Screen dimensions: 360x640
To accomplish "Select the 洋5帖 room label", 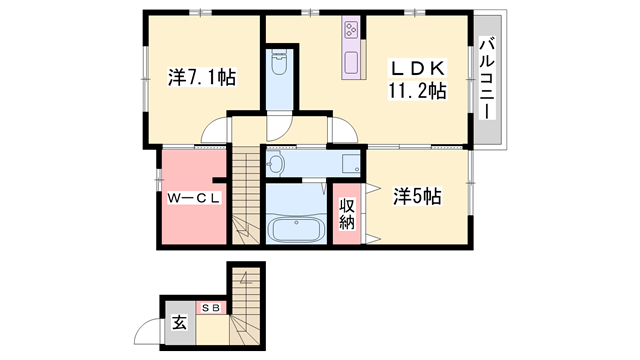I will (x=416, y=198).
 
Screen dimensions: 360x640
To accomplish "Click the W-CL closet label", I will (x=194, y=198).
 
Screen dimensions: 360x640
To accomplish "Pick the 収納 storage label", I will (x=347, y=213).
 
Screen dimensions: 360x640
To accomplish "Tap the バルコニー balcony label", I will (x=488, y=77).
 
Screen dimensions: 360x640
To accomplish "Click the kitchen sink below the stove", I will (x=352, y=63).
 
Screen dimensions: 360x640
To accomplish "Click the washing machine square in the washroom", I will (x=349, y=164).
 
